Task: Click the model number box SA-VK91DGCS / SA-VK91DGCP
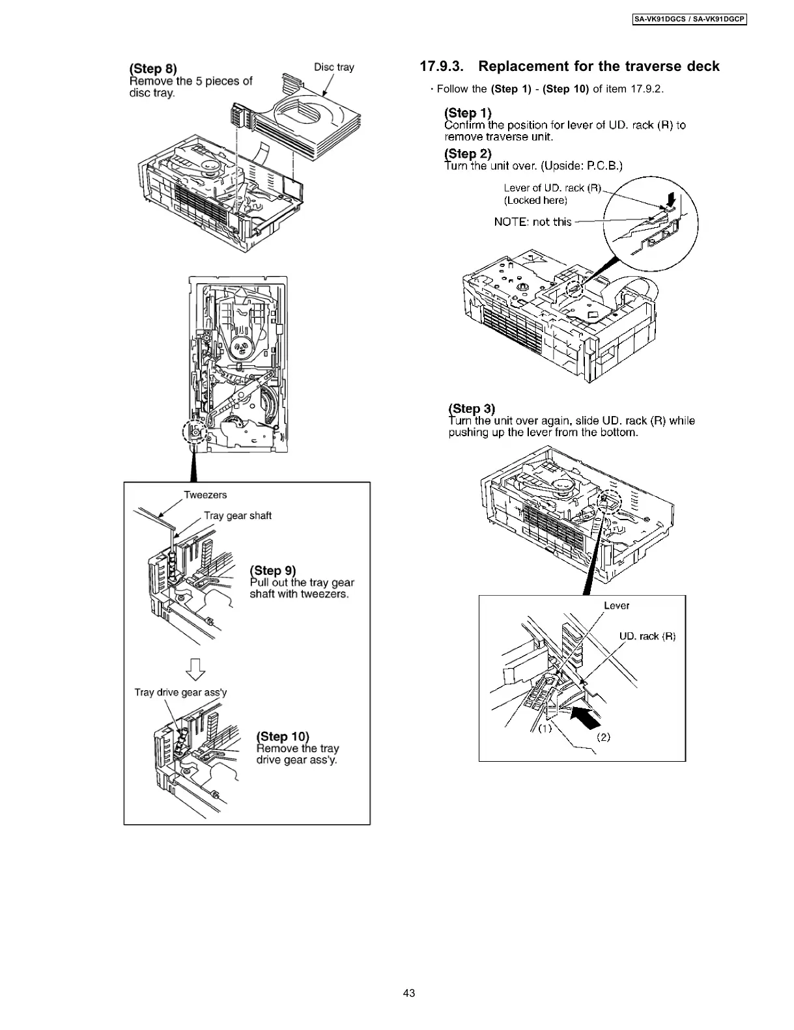689,20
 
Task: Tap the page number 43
408,993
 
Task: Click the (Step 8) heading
153,69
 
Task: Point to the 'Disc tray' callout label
334,67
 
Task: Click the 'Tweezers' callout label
205,495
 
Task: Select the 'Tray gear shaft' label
237,516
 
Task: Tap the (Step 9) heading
272,570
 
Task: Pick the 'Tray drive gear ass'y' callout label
180,692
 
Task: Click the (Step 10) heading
283,736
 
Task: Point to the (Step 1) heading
468,113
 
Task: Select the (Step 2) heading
468,154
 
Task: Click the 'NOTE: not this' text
532,222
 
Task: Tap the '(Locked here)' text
535,201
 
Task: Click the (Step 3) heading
472,408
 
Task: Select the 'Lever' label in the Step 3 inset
616,605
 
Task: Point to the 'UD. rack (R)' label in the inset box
647,636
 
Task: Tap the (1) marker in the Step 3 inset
545,729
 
